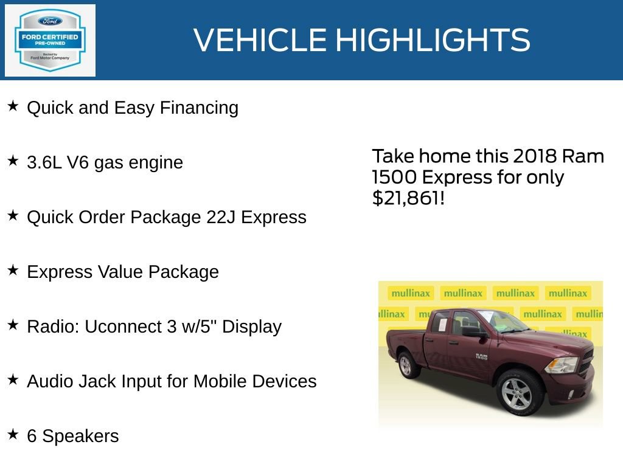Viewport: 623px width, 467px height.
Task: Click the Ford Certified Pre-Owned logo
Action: [50, 41]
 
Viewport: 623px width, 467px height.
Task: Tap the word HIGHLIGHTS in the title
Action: [433, 40]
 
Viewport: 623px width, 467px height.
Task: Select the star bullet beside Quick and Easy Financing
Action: [13, 106]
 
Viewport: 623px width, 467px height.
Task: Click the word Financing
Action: [199, 108]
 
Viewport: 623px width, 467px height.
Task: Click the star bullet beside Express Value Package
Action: [13, 271]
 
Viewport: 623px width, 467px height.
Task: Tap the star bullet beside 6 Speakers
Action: [13, 435]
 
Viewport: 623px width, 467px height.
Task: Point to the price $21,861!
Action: [408, 198]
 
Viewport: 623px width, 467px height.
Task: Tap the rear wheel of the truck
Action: [406, 365]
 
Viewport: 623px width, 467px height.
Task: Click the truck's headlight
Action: [561, 364]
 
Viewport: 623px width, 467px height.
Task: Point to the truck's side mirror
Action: [474, 331]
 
